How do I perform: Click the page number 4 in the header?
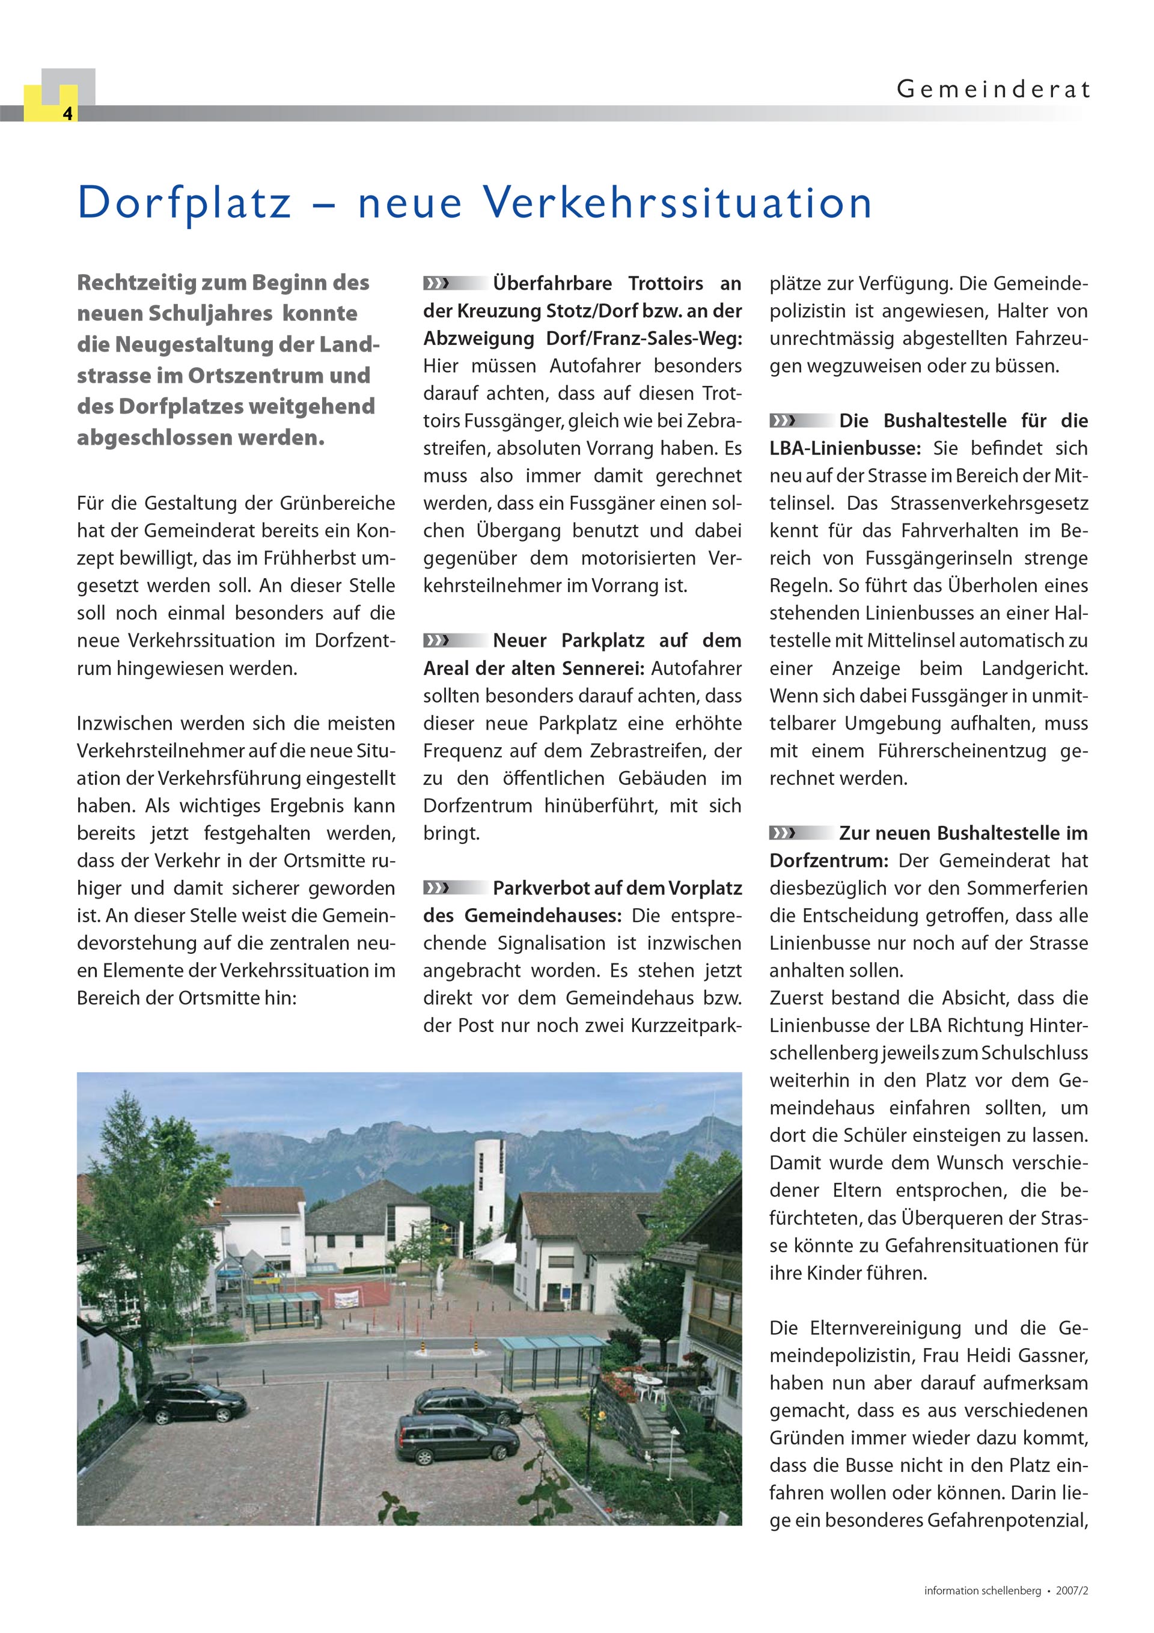(67, 114)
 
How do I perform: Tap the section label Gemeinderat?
(992, 90)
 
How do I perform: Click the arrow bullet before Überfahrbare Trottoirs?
(437, 284)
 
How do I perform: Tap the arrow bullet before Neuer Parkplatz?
(437, 641)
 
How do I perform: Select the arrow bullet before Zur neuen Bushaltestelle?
(783, 833)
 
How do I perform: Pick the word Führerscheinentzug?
(962, 752)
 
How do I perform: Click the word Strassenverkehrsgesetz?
(989, 504)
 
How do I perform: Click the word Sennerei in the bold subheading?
(609, 668)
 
